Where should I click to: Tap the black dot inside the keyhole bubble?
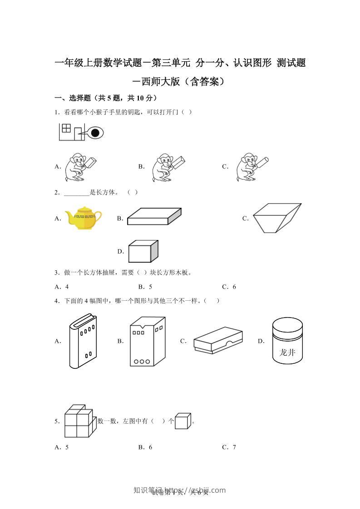pyautogui.click(x=95, y=133)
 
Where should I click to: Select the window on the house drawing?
pyautogui.click(x=66, y=128)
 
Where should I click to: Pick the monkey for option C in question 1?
pyautogui.click(x=249, y=167)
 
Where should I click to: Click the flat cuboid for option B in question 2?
pyautogui.click(x=154, y=216)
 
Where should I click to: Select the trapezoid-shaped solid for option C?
pyautogui.click(x=276, y=218)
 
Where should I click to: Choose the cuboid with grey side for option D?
pyautogui.click(x=143, y=251)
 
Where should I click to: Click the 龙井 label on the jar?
pyautogui.click(x=287, y=352)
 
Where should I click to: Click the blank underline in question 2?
pyautogui.click(x=77, y=192)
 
